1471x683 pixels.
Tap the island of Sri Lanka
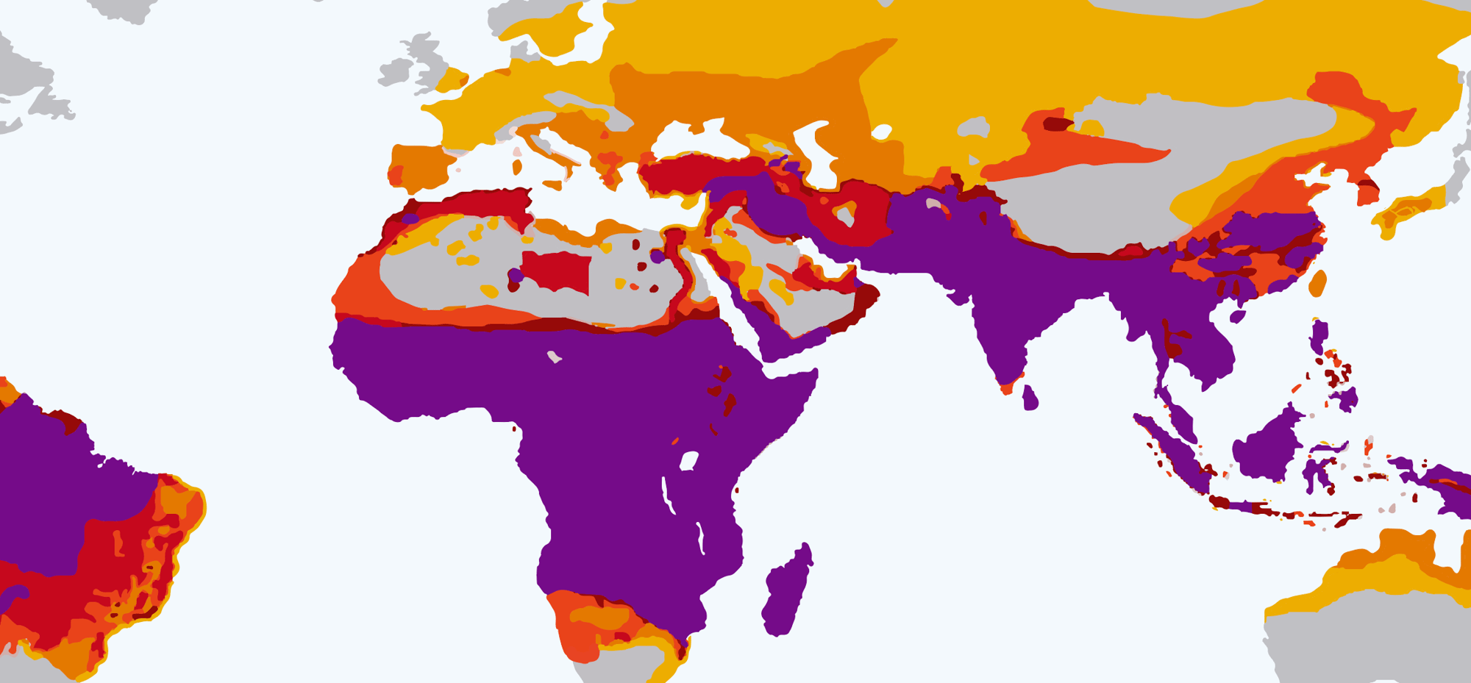click(1030, 398)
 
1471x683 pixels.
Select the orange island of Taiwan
click(1317, 284)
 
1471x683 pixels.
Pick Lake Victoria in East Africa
click(688, 461)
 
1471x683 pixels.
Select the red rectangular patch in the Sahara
click(557, 271)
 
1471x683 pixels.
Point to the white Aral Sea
click(881, 132)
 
